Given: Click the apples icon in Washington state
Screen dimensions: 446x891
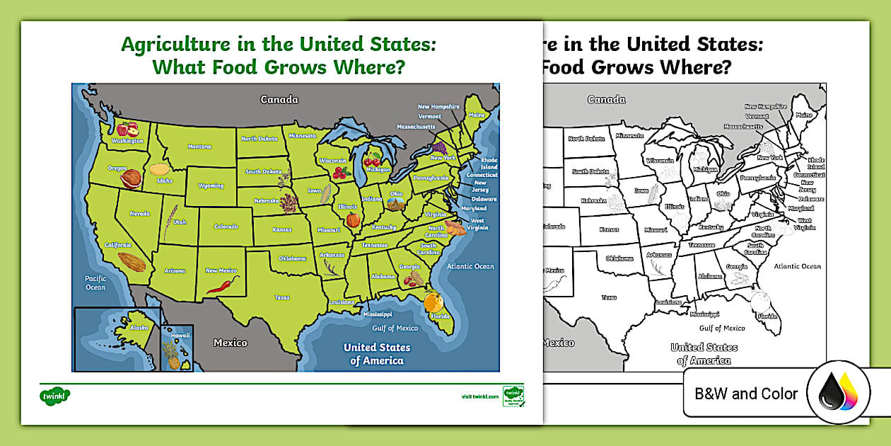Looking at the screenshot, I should (x=128, y=129).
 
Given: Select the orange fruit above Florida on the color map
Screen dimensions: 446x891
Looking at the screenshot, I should (x=433, y=301).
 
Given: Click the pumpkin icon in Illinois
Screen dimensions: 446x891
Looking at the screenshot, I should (x=353, y=219).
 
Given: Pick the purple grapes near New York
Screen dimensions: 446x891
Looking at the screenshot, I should (x=439, y=148).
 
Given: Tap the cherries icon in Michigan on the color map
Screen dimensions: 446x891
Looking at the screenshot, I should (x=372, y=159).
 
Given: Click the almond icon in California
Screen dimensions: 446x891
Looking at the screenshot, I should (x=132, y=262).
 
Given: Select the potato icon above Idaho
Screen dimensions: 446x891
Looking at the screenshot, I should (x=160, y=170).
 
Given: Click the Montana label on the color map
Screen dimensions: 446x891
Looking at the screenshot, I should (x=199, y=147).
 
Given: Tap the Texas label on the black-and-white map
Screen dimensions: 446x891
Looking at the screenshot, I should (x=609, y=297).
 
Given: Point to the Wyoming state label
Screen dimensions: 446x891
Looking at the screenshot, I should (x=211, y=186).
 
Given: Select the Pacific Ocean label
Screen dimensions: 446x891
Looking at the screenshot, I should (x=95, y=282).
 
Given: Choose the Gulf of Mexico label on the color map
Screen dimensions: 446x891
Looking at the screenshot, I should (x=395, y=328).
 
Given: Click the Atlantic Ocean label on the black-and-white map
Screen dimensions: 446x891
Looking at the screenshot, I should (x=797, y=266).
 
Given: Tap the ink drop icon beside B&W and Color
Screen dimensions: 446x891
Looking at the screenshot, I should (x=838, y=393).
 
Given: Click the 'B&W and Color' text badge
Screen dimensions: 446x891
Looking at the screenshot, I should (x=745, y=394).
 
